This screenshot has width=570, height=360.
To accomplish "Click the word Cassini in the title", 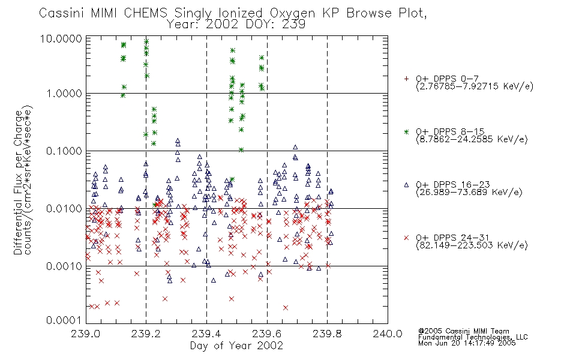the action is click(62, 13).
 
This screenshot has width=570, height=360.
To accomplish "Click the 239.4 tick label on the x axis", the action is click(206, 334).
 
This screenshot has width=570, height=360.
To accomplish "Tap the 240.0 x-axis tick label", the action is click(387, 334).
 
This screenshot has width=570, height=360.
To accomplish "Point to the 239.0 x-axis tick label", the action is click(85, 334).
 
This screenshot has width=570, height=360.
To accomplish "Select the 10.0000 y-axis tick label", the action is click(61, 38).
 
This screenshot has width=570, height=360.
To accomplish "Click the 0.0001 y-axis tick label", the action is click(63, 320).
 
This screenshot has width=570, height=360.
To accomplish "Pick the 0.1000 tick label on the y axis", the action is click(64, 151).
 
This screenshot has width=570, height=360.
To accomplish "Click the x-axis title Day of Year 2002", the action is click(236, 346).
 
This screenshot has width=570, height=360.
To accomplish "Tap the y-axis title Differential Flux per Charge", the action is click(18, 182).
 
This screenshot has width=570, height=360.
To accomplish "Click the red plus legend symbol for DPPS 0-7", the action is click(406, 79).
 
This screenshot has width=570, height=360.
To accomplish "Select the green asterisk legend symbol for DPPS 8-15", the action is click(406, 131).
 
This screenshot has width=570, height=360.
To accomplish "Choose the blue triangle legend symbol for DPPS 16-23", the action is click(406, 185).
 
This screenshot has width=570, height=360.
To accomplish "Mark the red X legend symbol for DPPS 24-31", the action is click(406, 238).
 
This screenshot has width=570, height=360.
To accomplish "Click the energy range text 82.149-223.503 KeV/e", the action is click(472, 245).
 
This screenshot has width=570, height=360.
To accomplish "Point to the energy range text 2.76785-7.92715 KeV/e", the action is click(475, 86).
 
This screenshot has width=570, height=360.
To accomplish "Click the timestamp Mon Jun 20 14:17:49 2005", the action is click(467, 343).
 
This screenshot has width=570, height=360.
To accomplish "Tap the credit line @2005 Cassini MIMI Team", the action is click(463, 331).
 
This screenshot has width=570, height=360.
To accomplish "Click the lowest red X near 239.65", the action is click(286, 308).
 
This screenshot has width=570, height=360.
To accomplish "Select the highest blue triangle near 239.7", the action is click(295, 147).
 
